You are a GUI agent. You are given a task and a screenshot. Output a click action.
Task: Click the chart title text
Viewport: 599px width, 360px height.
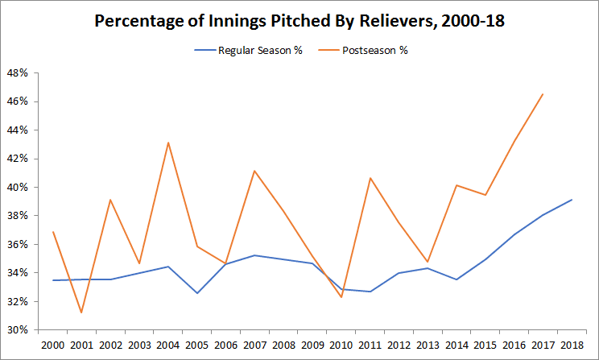(x=299, y=21)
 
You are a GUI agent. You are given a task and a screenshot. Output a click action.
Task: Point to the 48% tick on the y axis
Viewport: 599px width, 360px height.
(x=19, y=72)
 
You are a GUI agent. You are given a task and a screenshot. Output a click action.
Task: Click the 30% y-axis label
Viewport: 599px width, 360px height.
(x=19, y=329)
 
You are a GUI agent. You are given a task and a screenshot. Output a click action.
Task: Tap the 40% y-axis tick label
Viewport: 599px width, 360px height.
(x=19, y=187)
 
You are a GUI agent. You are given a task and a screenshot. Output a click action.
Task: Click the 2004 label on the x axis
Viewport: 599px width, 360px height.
(x=168, y=345)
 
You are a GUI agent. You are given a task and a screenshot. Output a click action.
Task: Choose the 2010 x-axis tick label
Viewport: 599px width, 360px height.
(x=341, y=345)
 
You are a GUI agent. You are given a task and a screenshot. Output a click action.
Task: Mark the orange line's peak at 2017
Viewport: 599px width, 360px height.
(x=542, y=94)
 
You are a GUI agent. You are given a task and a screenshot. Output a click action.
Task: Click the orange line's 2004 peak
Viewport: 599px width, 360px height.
(x=168, y=143)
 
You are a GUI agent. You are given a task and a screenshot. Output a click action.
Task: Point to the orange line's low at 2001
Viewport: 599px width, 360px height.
(x=82, y=312)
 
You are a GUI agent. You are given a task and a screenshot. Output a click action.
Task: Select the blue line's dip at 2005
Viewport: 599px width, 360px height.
(x=197, y=293)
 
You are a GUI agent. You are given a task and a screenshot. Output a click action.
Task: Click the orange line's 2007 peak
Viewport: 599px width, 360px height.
(x=254, y=171)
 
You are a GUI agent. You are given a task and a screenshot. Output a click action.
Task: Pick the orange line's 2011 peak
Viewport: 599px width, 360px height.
(x=370, y=178)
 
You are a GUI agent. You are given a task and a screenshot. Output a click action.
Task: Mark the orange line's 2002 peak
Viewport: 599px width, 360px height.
(x=111, y=200)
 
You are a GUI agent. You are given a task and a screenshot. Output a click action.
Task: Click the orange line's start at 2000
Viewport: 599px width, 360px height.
(x=54, y=232)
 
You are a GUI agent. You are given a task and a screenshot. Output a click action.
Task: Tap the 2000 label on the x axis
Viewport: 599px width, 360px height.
(x=53, y=345)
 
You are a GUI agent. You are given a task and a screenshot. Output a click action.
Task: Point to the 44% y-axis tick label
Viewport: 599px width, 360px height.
(x=19, y=130)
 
